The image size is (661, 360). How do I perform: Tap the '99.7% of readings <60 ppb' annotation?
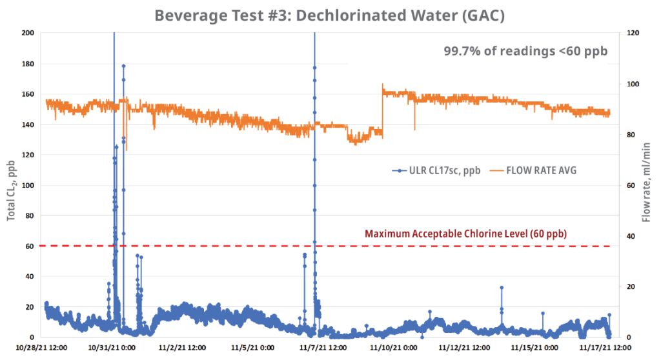click(x=525, y=51)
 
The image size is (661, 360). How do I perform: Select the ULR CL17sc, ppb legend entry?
click(x=436, y=170)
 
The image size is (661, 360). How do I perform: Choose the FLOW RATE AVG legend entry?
click(x=533, y=170)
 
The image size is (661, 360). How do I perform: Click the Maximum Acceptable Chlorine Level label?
click(x=465, y=234)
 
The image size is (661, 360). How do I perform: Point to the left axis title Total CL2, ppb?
click(x=11, y=185)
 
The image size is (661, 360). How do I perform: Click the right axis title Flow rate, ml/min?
click(x=647, y=185)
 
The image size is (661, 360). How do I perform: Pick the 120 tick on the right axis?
click(x=634, y=33)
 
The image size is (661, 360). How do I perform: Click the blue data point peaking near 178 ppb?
click(x=123, y=66)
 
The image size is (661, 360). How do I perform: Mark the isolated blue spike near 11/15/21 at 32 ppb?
click(x=502, y=288)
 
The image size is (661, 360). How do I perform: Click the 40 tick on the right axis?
click(x=631, y=236)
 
